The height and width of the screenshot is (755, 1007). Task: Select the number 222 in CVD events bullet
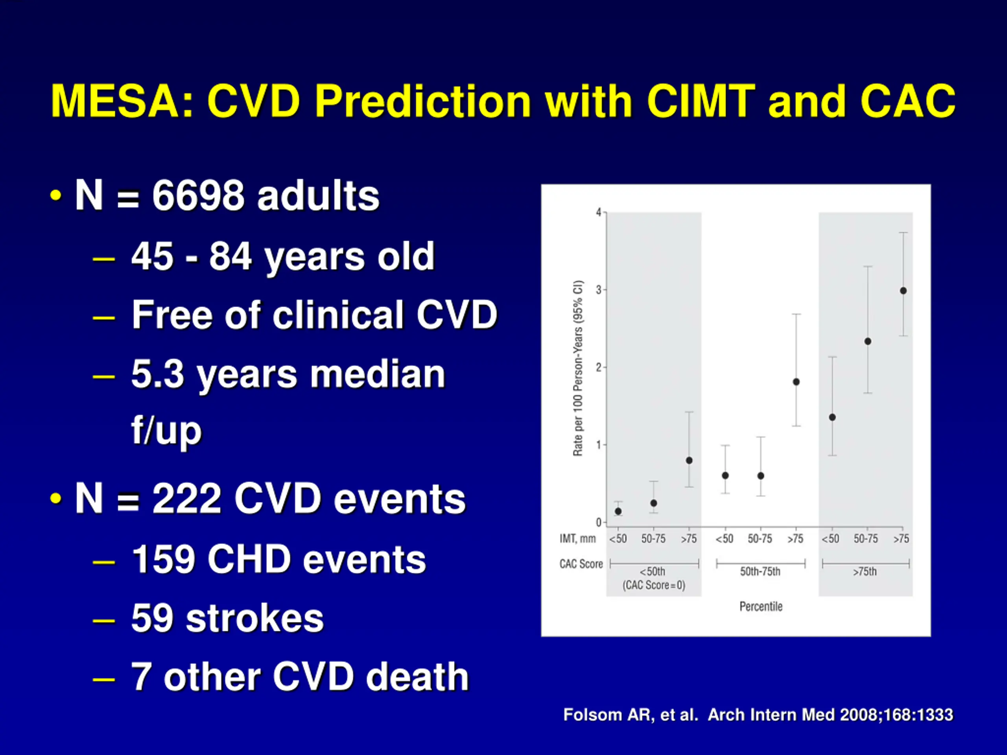(187, 499)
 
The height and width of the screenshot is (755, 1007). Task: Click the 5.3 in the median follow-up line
(157, 374)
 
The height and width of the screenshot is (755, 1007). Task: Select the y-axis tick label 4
(599, 212)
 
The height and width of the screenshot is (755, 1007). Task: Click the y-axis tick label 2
(599, 367)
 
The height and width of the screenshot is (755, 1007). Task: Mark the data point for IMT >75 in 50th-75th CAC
(796, 382)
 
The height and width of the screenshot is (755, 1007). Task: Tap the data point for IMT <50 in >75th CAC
(832, 417)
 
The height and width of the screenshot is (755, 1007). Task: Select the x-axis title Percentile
(761, 606)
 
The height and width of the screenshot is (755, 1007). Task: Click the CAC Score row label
(581, 564)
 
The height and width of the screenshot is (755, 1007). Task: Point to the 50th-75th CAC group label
(760, 572)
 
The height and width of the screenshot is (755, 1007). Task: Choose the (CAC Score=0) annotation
(654, 585)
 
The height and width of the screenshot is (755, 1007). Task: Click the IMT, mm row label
(577, 539)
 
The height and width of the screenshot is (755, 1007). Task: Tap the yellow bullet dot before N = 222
(55, 498)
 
